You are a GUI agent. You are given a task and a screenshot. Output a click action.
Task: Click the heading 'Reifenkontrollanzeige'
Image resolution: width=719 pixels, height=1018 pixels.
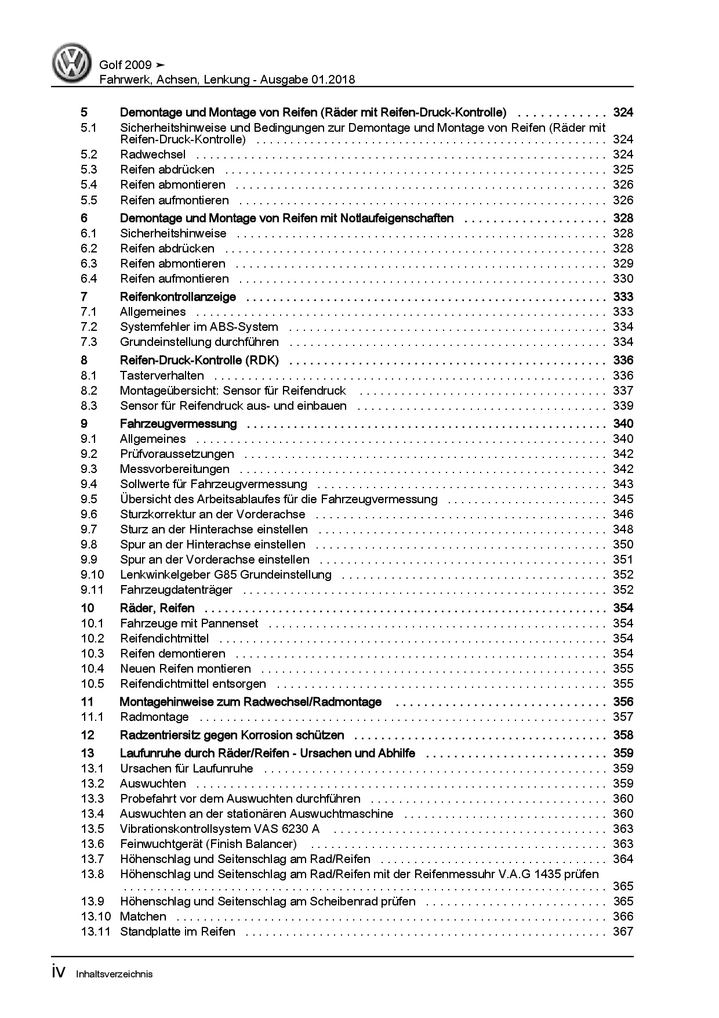(x=177, y=297)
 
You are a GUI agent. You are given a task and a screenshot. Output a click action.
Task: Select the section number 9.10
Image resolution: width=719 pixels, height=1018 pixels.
(x=92, y=575)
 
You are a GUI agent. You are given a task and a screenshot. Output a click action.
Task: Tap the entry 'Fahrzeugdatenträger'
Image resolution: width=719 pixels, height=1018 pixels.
(x=176, y=590)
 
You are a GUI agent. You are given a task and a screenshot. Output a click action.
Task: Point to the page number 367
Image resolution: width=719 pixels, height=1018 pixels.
(x=623, y=932)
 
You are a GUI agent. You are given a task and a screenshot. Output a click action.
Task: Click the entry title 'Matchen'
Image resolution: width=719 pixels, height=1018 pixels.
(x=143, y=916)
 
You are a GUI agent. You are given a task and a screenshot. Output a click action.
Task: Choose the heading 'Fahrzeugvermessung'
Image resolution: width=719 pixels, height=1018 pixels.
(x=178, y=424)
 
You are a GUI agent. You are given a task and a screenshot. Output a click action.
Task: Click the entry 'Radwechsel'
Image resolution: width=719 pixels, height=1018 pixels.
(x=152, y=154)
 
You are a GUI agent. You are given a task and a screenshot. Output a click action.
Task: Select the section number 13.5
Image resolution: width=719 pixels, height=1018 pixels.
(x=92, y=829)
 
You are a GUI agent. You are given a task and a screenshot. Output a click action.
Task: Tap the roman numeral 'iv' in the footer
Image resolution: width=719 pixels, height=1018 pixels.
(x=59, y=973)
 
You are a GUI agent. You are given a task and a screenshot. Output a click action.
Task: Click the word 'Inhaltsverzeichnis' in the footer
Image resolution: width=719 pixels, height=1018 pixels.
(x=114, y=974)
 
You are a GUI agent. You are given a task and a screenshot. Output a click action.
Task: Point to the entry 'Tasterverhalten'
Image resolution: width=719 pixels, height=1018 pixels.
(x=162, y=376)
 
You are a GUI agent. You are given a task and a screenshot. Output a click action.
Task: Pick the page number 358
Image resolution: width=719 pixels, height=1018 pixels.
(x=623, y=735)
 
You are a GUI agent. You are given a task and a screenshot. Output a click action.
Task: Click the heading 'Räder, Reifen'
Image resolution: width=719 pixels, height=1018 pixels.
(x=157, y=608)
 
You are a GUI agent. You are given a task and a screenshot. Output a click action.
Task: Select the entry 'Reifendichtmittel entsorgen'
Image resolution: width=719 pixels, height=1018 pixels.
(x=193, y=684)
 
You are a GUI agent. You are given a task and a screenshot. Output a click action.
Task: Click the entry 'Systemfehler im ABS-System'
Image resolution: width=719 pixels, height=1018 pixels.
(x=199, y=327)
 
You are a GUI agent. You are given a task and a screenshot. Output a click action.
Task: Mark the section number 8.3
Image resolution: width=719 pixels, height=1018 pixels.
(x=89, y=406)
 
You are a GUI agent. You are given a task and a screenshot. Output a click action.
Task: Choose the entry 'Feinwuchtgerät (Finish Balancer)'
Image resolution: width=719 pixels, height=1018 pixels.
(x=208, y=844)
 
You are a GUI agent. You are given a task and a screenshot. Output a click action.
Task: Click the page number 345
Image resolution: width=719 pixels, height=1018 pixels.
(x=623, y=499)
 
